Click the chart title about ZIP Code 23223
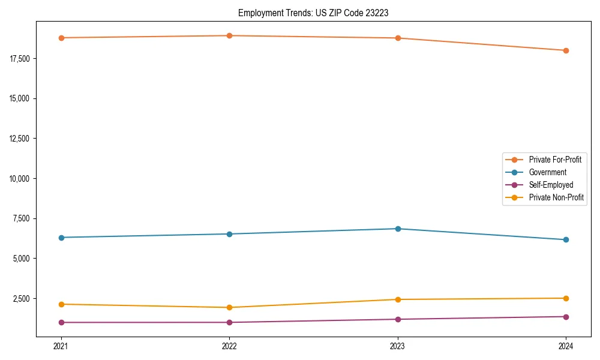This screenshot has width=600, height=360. (x=310, y=13)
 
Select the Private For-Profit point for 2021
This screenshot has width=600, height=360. (x=61, y=38)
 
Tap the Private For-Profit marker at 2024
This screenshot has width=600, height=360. (x=566, y=50)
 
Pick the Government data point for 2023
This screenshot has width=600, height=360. (x=398, y=229)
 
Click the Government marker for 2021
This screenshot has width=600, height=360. (x=61, y=238)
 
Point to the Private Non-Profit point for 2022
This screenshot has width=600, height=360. (x=229, y=307)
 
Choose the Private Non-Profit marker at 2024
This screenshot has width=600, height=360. (x=566, y=298)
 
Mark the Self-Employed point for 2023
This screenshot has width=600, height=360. (x=398, y=319)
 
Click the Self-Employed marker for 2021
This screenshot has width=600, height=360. (x=61, y=322)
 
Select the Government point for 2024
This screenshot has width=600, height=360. (x=566, y=240)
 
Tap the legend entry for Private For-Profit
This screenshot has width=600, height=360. (x=555, y=160)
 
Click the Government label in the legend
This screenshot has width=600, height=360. (x=547, y=172)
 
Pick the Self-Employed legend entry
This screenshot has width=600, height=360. (x=551, y=185)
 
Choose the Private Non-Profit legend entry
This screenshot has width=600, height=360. (x=556, y=197)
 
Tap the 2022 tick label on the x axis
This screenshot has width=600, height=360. (x=229, y=346)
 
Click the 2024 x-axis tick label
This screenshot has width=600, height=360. (x=566, y=346)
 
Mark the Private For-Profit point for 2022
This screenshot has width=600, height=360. (x=229, y=35)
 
